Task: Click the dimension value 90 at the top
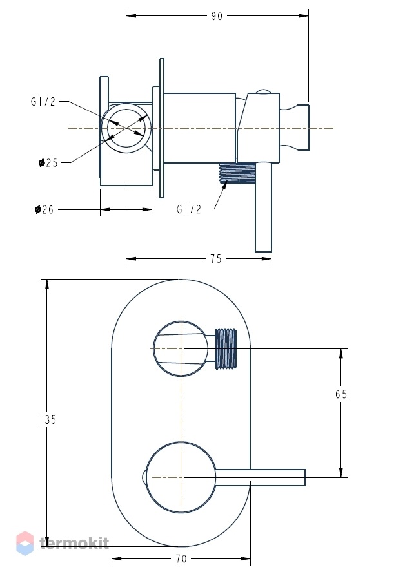tap(217, 16)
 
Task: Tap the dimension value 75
tap(216, 259)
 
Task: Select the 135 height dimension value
tap(48, 420)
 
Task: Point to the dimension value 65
tap(341, 394)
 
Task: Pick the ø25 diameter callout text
tap(48, 163)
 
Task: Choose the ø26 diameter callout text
tap(44, 209)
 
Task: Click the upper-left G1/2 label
tap(43, 101)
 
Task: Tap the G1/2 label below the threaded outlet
tap(189, 209)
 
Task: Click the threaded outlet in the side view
tap(236, 173)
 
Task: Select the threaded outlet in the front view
tap(226, 349)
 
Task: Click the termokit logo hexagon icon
tap(25, 543)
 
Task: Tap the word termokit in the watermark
tap(74, 543)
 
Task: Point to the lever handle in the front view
tap(260, 477)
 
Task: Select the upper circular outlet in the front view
tap(181, 348)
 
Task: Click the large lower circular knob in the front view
tap(181, 477)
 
